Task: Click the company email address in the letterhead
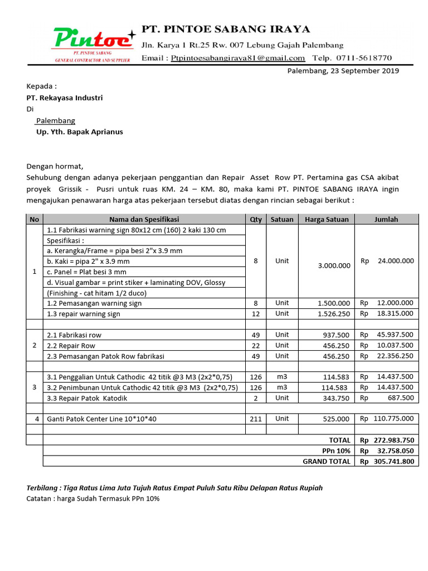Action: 238,58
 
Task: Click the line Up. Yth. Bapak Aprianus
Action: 80,132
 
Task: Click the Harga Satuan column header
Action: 327,219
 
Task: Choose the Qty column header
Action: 256,219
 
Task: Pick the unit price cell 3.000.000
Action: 334,265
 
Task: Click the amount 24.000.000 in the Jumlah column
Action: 394,260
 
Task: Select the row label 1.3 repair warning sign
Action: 84,314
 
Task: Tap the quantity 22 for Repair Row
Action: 256,345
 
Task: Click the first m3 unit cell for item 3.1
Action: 282,377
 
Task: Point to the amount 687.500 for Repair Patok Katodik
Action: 400,398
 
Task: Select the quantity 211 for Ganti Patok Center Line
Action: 256,419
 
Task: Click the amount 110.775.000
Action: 393,419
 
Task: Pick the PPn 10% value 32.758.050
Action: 394,451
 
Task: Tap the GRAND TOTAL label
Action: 327,461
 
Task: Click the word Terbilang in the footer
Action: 42,488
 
